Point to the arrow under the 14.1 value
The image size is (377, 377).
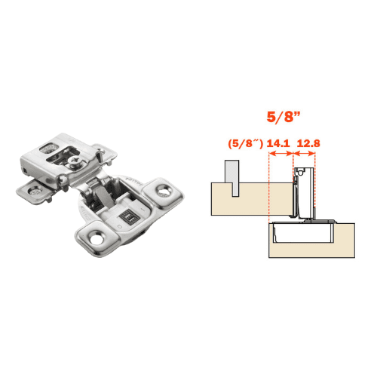(x=280, y=153)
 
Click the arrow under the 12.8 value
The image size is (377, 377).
(x=305, y=153)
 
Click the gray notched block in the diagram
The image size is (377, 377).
(x=231, y=175)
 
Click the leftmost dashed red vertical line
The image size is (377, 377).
(x=268, y=188)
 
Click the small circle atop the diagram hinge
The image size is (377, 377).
(x=301, y=173)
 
